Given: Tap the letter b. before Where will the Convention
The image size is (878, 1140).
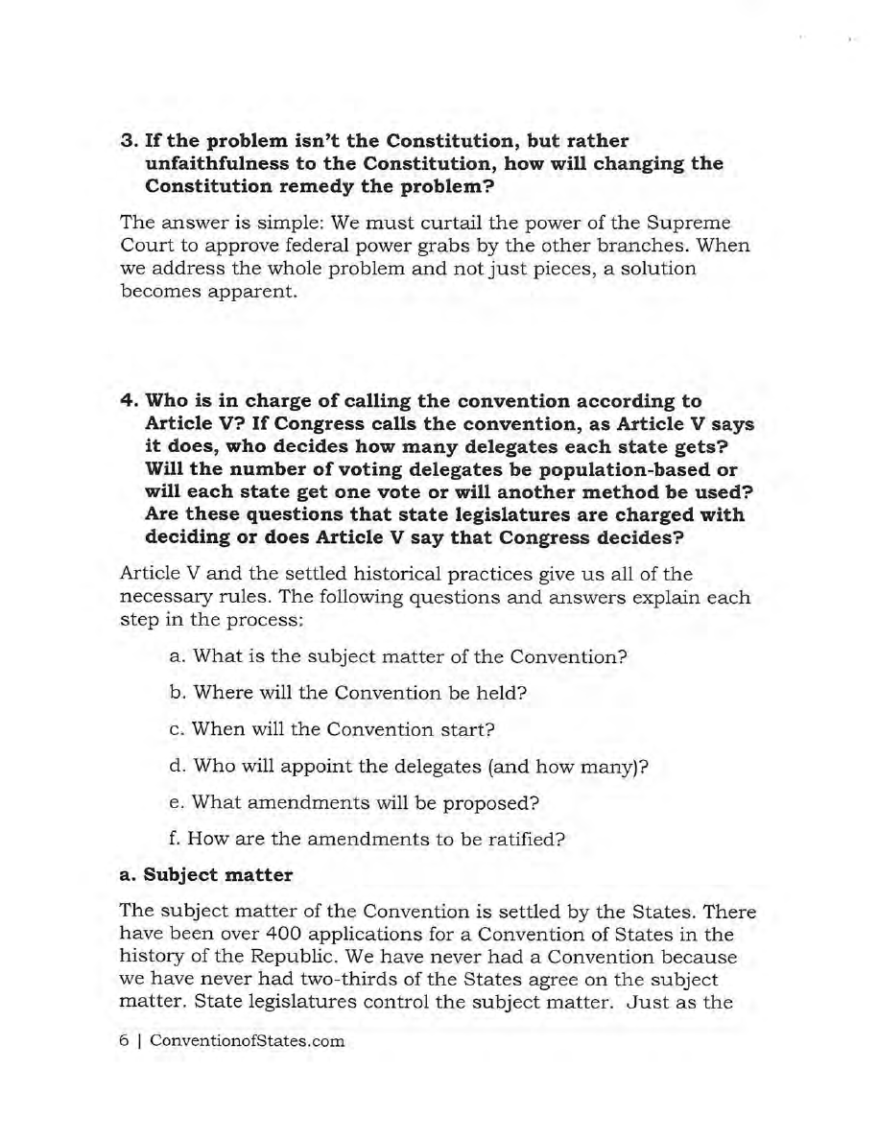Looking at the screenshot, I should (x=177, y=692).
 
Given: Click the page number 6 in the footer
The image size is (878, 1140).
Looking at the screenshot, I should (x=124, y=1041).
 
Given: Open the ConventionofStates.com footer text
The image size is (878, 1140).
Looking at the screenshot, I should (x=244, y=1041).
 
